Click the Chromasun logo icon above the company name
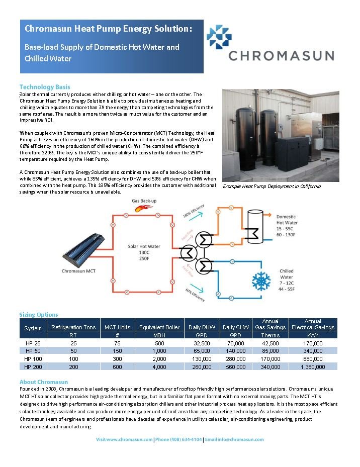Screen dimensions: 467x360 (220, 37)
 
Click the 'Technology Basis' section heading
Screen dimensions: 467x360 (45, 87)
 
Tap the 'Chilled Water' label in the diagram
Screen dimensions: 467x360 (287, 274)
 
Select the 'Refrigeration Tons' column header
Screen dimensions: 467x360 (73, 327)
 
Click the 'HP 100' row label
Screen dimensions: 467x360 (33, 358)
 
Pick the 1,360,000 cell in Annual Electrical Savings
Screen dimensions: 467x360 (312, 367)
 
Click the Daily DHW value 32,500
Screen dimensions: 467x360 (201, 343)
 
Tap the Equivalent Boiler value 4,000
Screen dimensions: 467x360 (159, 367)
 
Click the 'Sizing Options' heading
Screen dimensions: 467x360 (39, 314)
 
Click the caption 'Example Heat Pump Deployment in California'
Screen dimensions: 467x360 (271, 186)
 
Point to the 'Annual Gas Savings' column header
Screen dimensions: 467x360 (270, 324)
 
